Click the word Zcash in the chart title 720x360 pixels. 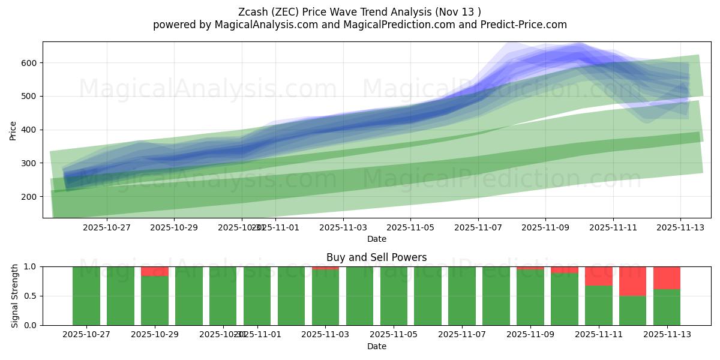[x=254, y=12]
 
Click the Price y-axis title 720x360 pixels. [x=13, y=130]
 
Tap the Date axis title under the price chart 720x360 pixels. [x=377, y=239]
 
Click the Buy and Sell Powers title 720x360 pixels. [x=377, y=257]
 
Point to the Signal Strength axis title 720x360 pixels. [x=15, y=296]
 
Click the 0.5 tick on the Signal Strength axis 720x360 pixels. [x=29, y=296]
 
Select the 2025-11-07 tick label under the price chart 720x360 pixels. [x=478, y=227]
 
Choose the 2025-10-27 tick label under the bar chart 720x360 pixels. [x=86, y=335]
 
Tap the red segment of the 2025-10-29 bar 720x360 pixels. [x=155, y=271]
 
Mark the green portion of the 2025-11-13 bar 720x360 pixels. [x=667, y=307]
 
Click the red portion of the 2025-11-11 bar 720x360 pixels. [x=599, y=276]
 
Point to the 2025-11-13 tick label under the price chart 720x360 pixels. [x=681, y=227]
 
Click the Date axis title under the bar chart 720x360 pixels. [x=377, y=346]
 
